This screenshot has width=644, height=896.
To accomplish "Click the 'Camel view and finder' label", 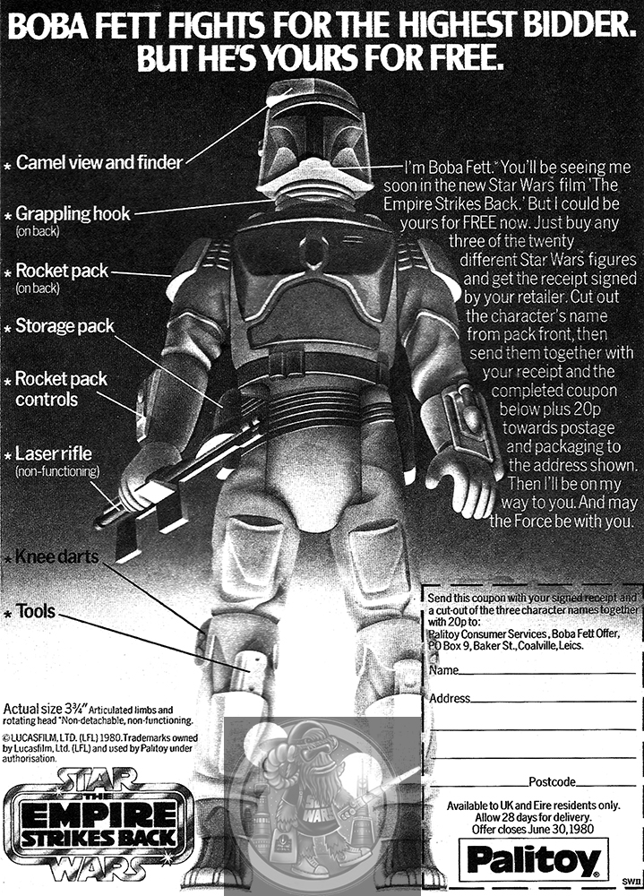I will (99, 163).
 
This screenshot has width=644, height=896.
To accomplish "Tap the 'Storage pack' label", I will (65, 326).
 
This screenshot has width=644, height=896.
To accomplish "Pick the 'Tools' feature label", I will (36, 613).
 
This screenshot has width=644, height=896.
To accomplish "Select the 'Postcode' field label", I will (552, 782).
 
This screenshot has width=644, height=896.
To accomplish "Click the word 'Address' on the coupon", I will (450, 698).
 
